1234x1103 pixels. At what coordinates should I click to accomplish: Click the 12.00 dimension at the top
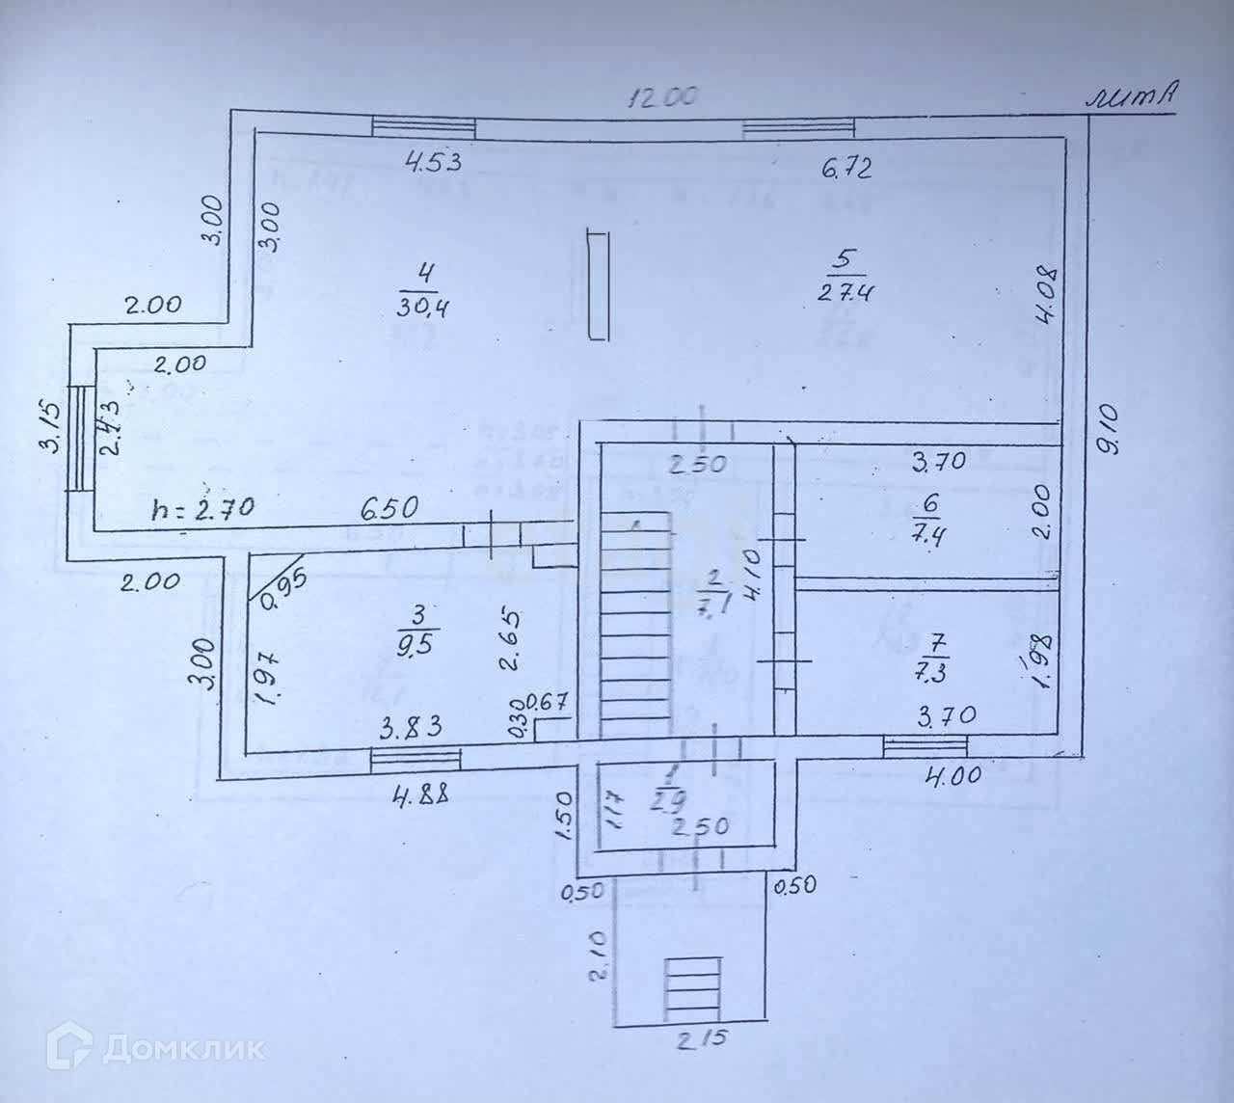[x=662, y=97]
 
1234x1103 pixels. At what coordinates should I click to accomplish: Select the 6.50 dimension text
[x=391, y=507]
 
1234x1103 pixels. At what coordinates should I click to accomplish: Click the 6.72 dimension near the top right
[x=846, y=169]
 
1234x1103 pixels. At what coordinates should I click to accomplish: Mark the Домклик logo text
[x=160, y=1047]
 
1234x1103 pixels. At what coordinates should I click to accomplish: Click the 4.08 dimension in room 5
[x=1049, y=299]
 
